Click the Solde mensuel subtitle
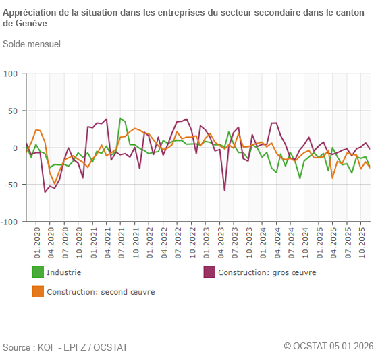32,44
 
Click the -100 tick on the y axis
10,221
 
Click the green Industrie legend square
38,272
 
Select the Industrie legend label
64,272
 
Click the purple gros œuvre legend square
209,272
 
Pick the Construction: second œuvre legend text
101,292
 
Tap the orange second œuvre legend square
38,292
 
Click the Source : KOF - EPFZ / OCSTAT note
65,347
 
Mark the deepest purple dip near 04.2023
225,190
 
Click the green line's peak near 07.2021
121,119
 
